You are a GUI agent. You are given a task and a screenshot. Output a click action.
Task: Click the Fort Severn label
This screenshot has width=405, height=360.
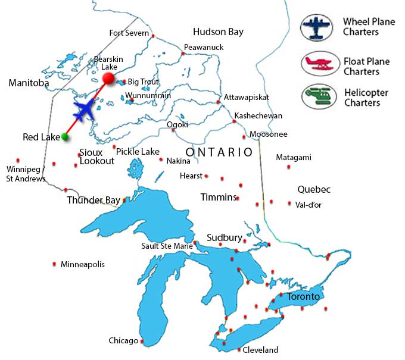coord(129,33)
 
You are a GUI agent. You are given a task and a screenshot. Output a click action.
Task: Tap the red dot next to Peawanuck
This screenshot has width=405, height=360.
coord(183,54)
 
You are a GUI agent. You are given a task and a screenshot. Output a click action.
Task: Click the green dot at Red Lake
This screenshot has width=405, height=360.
coord(64,137)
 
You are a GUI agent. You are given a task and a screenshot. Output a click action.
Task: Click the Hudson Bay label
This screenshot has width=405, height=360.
coord(218,32)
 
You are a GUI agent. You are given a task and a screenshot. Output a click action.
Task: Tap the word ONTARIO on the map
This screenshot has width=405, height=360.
coord(219,152)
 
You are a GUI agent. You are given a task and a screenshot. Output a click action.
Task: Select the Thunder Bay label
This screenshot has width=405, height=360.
coord(94,200)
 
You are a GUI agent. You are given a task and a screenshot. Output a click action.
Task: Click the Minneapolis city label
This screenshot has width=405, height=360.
coord(83,264)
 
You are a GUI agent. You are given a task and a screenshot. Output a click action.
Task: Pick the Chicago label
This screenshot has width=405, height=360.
coord(123,341)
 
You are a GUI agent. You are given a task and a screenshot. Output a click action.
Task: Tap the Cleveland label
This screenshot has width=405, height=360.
coord(260,350)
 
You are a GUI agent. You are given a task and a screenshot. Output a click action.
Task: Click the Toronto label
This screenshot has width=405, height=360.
coord(303,296)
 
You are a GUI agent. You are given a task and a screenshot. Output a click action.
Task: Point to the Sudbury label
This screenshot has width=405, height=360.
coord(224,237)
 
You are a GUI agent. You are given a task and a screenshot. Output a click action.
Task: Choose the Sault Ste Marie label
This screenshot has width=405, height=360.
coord(167,246)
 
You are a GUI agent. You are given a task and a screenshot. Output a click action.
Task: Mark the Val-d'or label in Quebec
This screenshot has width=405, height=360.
coord(308,204)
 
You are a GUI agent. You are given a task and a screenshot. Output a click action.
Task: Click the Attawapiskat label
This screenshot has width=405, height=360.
coord(247,97)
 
